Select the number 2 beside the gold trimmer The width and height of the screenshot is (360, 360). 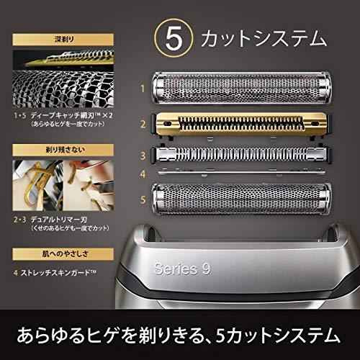point(143,124)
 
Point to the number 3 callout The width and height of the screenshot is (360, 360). point(143,154)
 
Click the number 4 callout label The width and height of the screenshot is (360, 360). point(143,173)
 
